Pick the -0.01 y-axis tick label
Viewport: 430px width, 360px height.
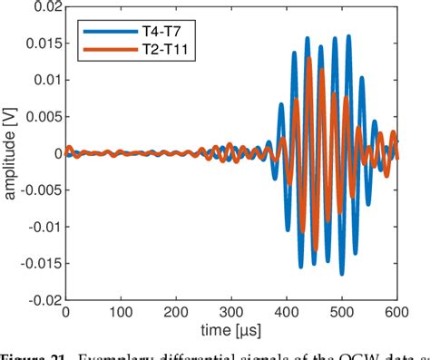[x=44, y=227]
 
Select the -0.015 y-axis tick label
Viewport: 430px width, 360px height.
[x=40, y=263]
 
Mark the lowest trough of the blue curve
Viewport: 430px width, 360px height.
[x=342, y=272]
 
